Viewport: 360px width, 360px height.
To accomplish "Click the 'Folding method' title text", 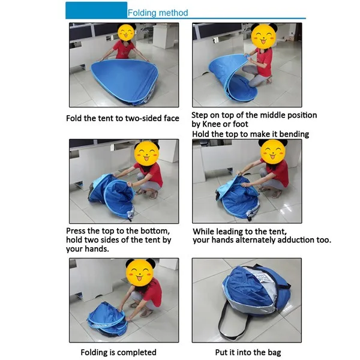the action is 158,13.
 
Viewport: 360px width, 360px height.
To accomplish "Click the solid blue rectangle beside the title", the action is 96,10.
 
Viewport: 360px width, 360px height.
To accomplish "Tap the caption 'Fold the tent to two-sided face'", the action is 122,118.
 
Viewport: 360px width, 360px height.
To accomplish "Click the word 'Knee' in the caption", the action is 211,124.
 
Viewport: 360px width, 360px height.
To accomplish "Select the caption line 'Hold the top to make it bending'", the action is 250,134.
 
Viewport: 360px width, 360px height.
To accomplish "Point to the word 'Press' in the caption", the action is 76,230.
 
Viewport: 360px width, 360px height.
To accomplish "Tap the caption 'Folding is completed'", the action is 118,352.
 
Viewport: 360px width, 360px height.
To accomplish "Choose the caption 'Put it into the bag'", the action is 248,352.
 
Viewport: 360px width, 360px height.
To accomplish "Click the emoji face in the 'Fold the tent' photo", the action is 126,32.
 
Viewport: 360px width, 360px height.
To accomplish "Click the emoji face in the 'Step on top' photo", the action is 263,36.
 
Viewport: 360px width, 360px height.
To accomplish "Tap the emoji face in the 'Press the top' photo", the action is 146,153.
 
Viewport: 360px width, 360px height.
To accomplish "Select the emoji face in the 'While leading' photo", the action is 273,152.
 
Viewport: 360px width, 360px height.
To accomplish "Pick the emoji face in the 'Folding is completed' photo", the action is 140,272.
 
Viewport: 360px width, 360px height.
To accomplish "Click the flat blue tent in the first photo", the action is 124,80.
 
